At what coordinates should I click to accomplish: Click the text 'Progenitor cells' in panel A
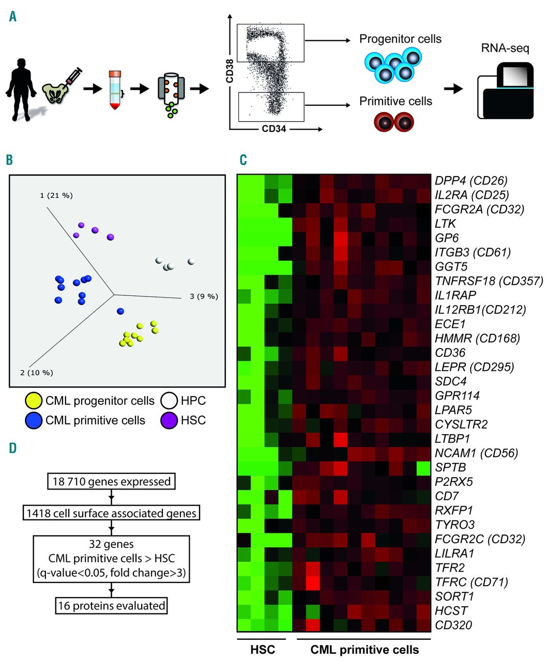(x=400, y=39)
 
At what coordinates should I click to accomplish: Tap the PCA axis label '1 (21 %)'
(x=56, y=196)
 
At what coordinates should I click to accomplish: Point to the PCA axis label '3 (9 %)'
(x=204, y=296)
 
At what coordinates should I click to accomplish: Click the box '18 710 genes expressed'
(x=112, y=482)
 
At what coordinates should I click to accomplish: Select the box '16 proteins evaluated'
(x=112, y=605)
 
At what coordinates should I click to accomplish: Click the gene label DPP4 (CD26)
(x=471, y=181)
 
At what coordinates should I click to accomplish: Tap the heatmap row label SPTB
(x=450, y=467)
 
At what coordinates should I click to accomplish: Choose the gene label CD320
(x=453, y=625)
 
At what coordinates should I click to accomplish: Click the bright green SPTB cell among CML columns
(x=423, y=467)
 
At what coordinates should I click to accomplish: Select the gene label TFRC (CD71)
(x=471, y=582)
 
